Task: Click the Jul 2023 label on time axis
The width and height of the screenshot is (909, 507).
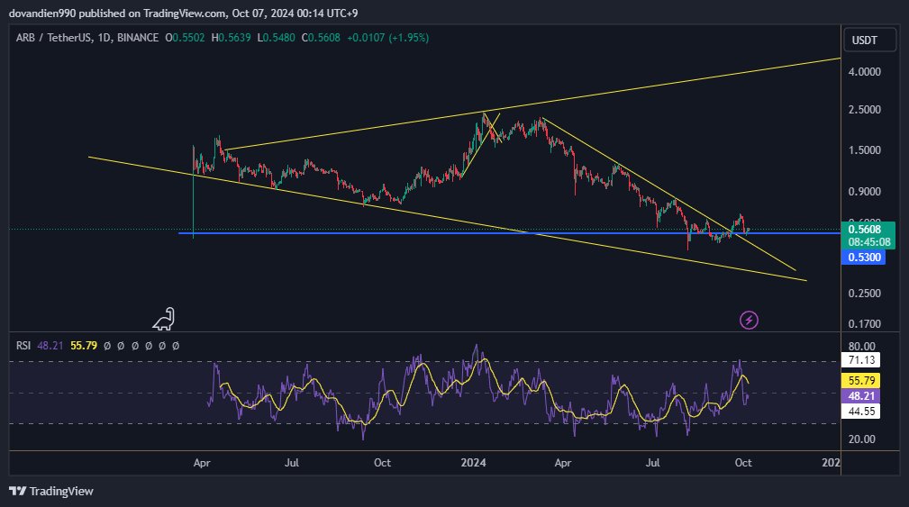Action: pos(291,463)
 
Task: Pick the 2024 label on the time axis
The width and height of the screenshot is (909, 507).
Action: pos(473,463)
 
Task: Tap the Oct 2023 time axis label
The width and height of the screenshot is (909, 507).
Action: pos(382,463)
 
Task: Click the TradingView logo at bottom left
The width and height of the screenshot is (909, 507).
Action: pos(51,491)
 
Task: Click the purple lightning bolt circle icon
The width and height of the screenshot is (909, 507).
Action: pos(749,319)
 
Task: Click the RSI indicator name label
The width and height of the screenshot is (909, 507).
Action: pos(24,345)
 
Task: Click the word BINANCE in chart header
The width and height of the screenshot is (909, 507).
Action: pos(138,38)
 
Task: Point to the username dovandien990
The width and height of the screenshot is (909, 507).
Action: pos(41,12)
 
